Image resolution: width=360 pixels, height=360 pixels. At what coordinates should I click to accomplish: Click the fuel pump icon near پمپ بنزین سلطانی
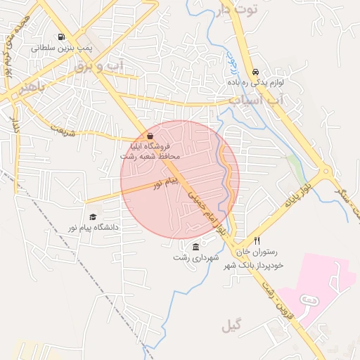point(63,37)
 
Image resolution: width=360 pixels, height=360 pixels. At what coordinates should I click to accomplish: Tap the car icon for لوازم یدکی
point(255,72)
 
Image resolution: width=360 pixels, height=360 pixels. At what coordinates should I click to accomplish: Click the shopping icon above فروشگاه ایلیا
point(150,136)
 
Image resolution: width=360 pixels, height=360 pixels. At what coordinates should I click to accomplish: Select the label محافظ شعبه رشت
point(150,155)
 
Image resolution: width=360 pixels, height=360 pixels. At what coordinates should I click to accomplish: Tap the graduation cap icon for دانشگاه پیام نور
point(92,217)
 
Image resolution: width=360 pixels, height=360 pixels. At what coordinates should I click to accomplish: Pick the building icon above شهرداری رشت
point(195,246)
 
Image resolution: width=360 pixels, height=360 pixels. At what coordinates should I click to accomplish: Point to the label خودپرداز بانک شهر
point(253,265)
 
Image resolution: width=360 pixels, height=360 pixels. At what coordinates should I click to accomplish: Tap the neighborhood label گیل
point(231,326)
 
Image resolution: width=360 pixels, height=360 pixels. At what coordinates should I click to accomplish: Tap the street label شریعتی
point(61,129)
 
